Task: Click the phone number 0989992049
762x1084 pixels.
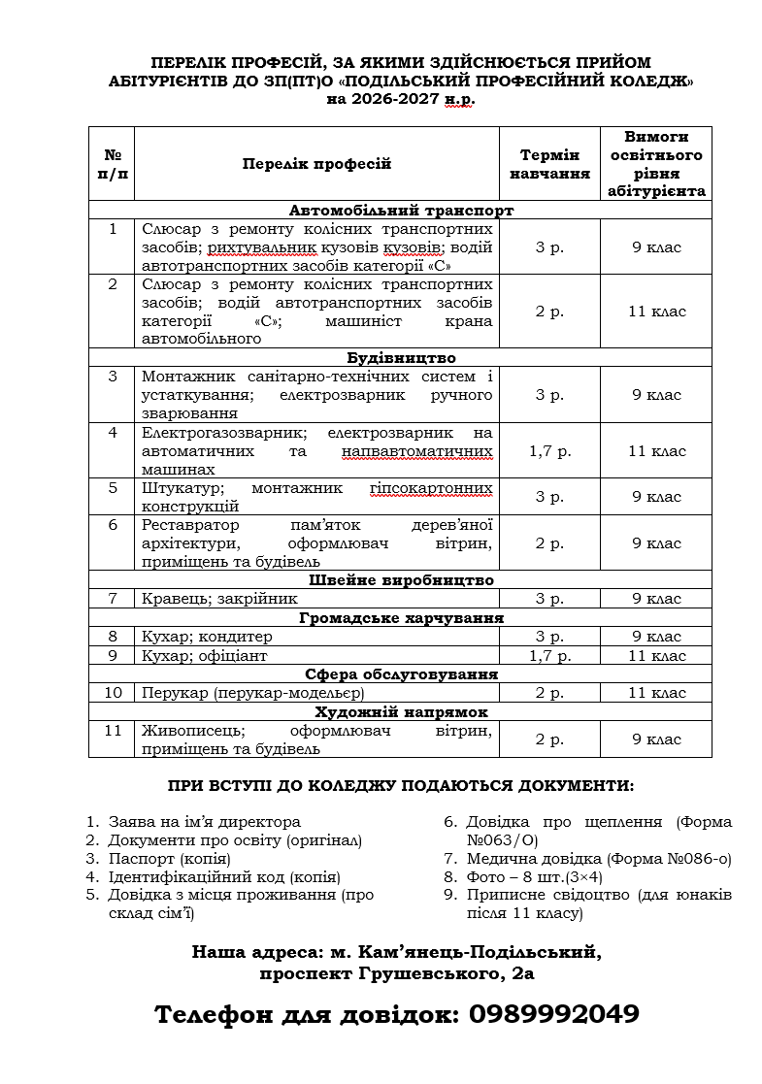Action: [553, 1014]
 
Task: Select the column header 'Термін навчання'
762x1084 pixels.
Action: [549, 164]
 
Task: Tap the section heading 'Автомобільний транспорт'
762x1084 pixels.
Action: [401, 210]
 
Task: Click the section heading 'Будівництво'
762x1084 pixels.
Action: [401, 357]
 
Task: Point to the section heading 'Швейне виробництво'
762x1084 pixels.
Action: [401, 580]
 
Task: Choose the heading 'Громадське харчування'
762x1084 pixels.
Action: [401, 617]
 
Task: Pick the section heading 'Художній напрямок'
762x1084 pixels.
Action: [401, 711]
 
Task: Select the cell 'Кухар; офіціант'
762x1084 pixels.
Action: [204, 655]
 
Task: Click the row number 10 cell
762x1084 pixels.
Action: [113, 693]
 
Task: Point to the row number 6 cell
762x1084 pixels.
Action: [113, 525]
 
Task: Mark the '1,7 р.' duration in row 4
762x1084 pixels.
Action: [549, 451]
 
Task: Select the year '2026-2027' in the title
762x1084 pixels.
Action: [386, 99]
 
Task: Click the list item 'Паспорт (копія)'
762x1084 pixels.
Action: [169, 859]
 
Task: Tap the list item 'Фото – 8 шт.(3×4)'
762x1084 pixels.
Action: [548, 876]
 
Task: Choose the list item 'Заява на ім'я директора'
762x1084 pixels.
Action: [204, 822]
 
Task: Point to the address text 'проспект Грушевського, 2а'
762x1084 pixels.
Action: [396, 971]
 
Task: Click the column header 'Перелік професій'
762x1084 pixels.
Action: [316, 164]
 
